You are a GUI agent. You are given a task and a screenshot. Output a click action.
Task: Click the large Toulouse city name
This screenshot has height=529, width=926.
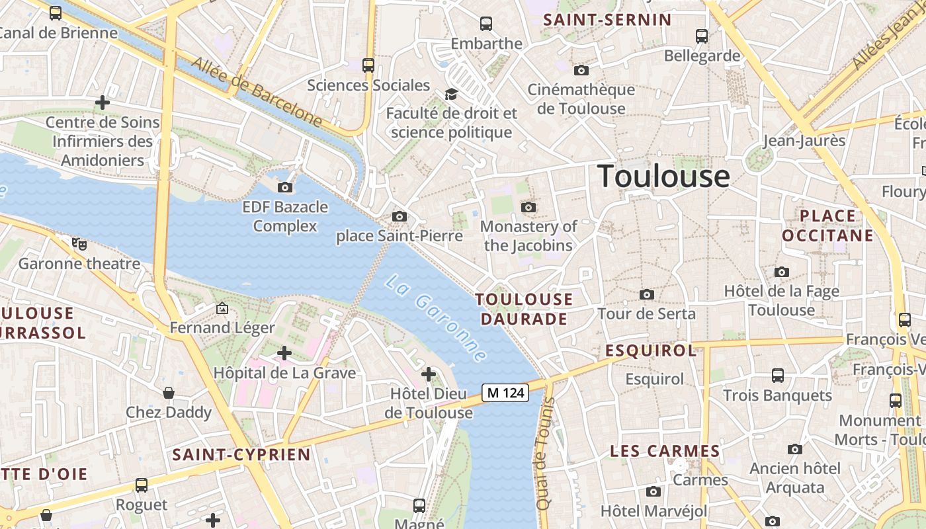point(663,177)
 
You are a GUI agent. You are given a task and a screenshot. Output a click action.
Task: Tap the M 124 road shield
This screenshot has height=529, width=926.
point(506,393)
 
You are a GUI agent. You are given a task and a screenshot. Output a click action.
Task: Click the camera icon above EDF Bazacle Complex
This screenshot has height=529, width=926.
point(285,187)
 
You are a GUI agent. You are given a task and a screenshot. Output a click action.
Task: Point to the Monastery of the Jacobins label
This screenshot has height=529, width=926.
point(528,235)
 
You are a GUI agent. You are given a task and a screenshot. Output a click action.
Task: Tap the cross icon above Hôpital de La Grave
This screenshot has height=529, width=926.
point(284,353)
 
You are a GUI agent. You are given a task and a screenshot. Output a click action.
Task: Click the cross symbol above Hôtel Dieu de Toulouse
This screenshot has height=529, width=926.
point(429,375)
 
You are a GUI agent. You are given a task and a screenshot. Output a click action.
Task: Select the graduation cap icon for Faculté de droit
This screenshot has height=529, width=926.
point(451,94)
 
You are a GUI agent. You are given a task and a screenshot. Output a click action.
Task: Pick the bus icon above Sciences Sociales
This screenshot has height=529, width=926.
point(368,65)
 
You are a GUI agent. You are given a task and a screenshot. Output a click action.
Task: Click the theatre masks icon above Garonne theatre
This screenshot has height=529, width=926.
point(79,244)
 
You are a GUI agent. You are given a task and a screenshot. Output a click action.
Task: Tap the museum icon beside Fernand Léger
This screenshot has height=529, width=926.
point(222,308)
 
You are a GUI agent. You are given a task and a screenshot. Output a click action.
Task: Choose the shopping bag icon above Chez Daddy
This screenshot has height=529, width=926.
point(169,393)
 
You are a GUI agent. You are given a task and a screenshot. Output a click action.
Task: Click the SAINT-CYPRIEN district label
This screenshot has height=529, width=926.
point(241,455)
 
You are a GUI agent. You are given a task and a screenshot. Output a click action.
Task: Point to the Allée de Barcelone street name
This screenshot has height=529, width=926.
point(257,92)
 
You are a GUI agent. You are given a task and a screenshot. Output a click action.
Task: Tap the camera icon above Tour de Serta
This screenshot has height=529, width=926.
point(647,294)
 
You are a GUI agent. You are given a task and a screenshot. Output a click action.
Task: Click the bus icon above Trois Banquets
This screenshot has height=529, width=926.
point(778,376)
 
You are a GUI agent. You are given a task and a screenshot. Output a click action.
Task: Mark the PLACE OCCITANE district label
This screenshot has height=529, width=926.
point(827,225)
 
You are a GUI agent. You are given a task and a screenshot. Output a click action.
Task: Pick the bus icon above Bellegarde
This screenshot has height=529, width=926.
point(702,36)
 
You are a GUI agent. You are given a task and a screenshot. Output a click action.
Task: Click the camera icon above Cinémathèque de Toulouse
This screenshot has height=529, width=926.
point(581,70)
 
